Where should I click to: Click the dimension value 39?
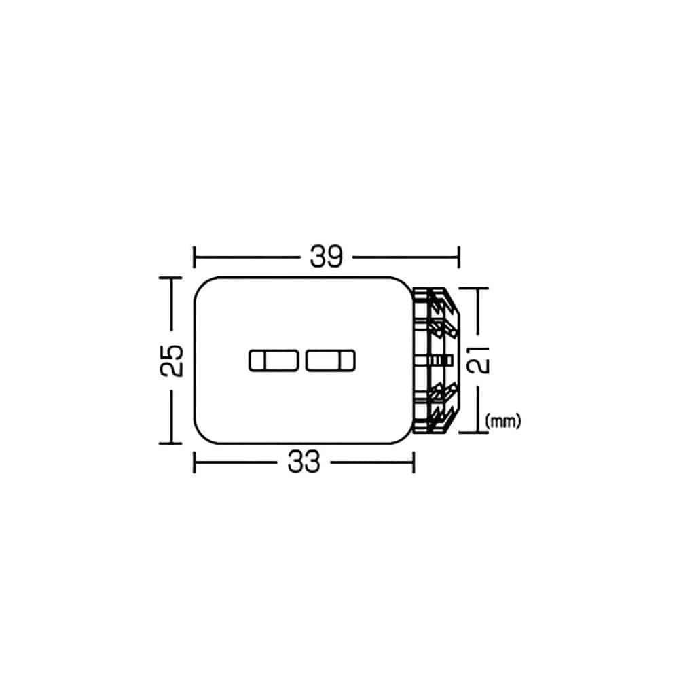(x=326, y=257)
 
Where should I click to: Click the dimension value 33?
(x=304, y=462)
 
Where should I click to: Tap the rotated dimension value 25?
(x=172, y=361)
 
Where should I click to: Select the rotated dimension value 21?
(x=478, y=361)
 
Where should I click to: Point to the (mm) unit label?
(x=503, y=421)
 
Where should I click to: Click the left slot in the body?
(x=274, y=361)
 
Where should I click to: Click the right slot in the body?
(x=331, y=361)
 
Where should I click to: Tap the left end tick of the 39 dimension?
(x=194, y=257)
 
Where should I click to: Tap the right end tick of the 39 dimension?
(x=458, y=257)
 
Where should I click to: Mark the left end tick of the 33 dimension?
(x=194, y=462)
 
